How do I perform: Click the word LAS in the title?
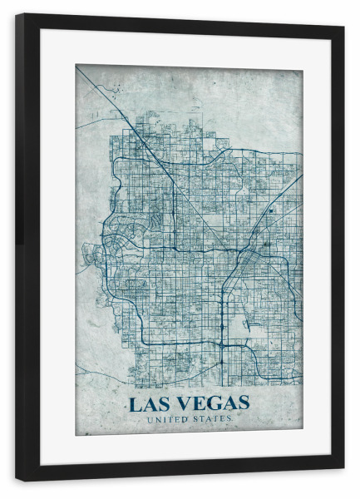click(x=147, y=404)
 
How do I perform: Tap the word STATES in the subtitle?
click(x=210, y=419)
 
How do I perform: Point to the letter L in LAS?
click(x=134, y=404)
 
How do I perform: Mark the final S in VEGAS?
click(x=241, y=404)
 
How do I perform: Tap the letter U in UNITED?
click(x=149, y=419)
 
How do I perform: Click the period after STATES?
click(x=232, y=421)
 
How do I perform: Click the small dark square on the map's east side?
click(x=270, y=210)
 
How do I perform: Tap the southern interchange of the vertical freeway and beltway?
click(x=223, y=343)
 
